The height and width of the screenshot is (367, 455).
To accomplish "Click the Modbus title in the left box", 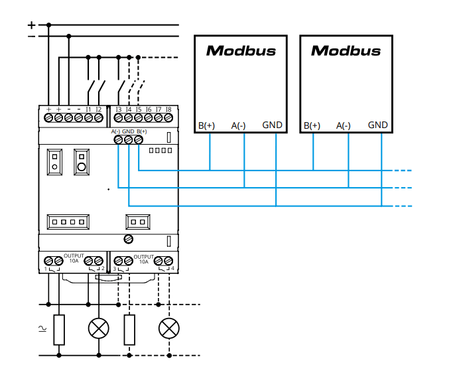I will [241, 50].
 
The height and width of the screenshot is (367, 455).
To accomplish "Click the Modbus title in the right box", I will [346, 50].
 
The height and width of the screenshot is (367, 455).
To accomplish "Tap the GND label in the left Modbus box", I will [272, 125].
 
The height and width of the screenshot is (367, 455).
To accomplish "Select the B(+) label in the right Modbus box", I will [312, 125].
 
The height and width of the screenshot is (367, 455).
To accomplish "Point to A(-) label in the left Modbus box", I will [238, 125].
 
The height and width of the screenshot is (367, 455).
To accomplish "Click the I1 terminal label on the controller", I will [88, 109].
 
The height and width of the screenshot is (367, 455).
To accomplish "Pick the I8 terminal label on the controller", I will [168, 109].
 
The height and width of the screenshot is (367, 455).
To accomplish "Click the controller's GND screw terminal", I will [128, 139].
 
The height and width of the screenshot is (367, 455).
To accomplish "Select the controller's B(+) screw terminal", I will [139, 139].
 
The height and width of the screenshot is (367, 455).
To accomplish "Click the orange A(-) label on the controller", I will [115, 131].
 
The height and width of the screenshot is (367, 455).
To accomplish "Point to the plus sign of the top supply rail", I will [31, 25].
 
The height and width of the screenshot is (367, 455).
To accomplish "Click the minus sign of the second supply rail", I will [31, 37].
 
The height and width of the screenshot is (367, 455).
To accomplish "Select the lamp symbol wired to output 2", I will [99, 328].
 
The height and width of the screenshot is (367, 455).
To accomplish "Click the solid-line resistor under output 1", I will [60, 329].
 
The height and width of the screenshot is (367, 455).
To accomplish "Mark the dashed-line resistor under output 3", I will [129, 329].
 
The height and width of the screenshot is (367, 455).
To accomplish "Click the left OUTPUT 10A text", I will [74, 258].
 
